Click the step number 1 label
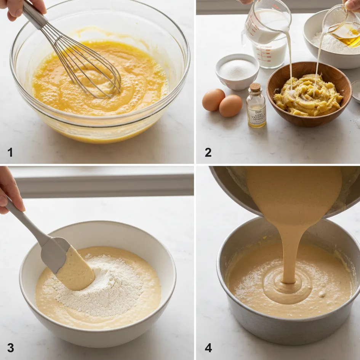tap(10, 152)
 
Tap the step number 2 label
tap(208, 152)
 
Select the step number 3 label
tap(11, 348)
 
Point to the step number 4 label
tap(208, 348)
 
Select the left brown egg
tap(213, 99)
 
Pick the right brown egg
tap(230, 106)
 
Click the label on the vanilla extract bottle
tap(256, 114)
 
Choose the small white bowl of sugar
tap(237, 71)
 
